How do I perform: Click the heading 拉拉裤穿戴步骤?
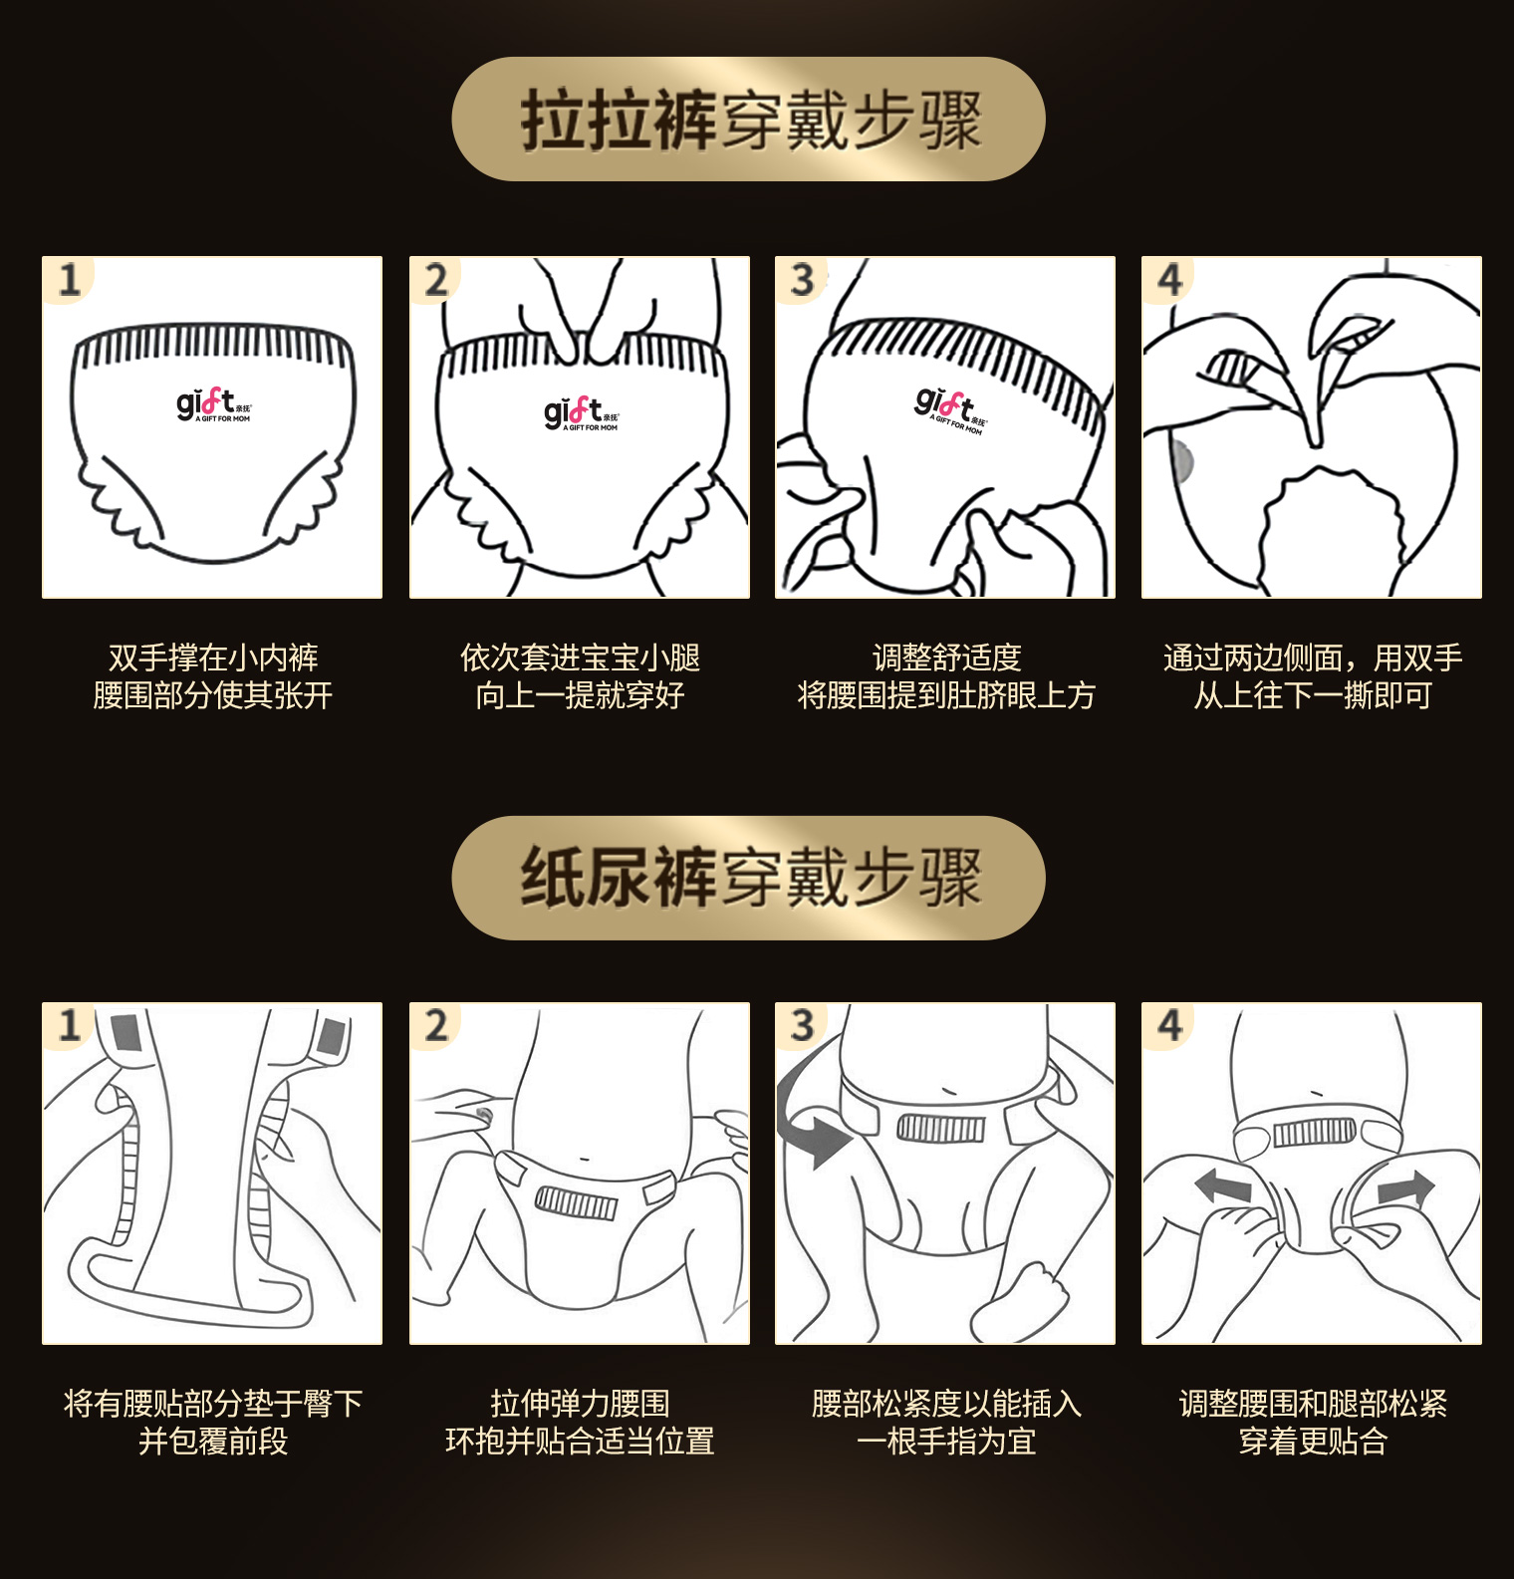coord(750,121)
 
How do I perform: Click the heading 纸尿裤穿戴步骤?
coord(750,878)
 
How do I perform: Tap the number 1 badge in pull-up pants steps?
coord(69,280)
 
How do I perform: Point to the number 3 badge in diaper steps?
coord(803,1026)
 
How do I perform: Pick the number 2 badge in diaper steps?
coord(436,1026)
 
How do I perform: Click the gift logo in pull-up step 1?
coord(213,404)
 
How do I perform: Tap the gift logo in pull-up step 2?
coord(581,413)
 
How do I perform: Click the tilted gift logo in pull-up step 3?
coord(950,411)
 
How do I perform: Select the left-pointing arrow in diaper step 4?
coord(1223,1185)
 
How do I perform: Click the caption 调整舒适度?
coord(946,658)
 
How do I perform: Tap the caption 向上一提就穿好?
coord(580,695)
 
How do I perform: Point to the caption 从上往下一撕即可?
coord(1313,695)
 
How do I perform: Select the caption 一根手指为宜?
coord(946,1442)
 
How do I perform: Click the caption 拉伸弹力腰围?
coord(580,1404)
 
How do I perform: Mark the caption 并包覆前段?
coord(213,1442)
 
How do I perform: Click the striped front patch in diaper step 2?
coord(577,1203)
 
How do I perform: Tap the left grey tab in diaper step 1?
coord(126,1033)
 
